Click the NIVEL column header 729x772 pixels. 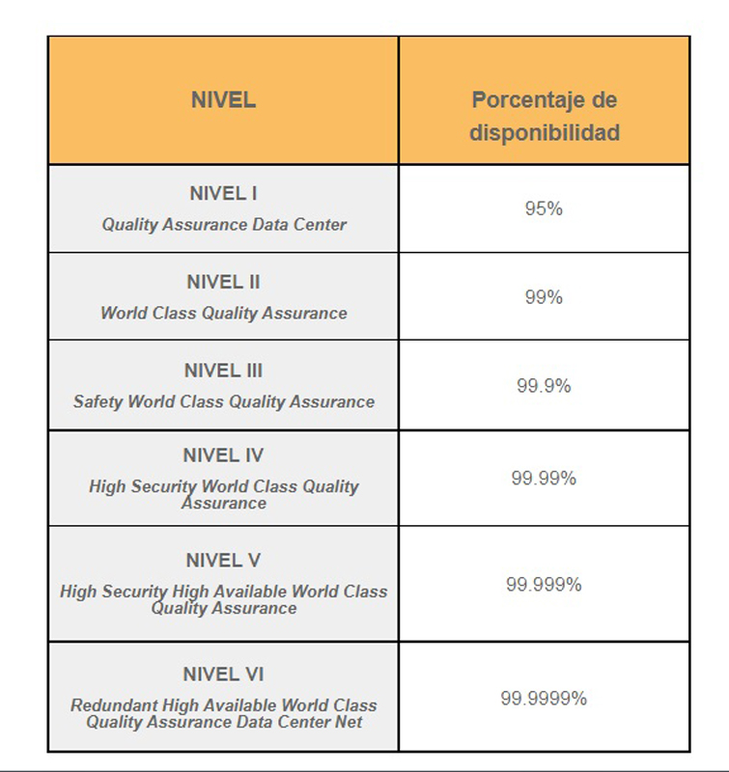click(223, 100)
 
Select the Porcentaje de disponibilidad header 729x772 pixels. click(545, 116)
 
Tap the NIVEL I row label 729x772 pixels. click(223, 194)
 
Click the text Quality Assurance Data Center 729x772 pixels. click(224, 225)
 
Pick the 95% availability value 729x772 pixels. click(544, 208)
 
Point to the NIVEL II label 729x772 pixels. click(223, 282)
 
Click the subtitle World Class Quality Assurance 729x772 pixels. click(224, 313)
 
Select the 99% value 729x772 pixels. click(544, 297)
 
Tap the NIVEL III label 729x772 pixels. click(223, 371)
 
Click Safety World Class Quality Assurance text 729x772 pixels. click(224, 401)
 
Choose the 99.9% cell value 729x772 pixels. click(544, 385)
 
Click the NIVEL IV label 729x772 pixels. click(223, 455)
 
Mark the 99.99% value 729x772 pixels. click(544, 478)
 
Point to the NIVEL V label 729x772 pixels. click(223, 561)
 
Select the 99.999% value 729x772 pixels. click(544, 585)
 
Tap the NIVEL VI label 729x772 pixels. click(223, 674)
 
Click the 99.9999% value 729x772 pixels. click(544, 698)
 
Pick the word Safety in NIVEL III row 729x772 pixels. click(98, 402)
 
